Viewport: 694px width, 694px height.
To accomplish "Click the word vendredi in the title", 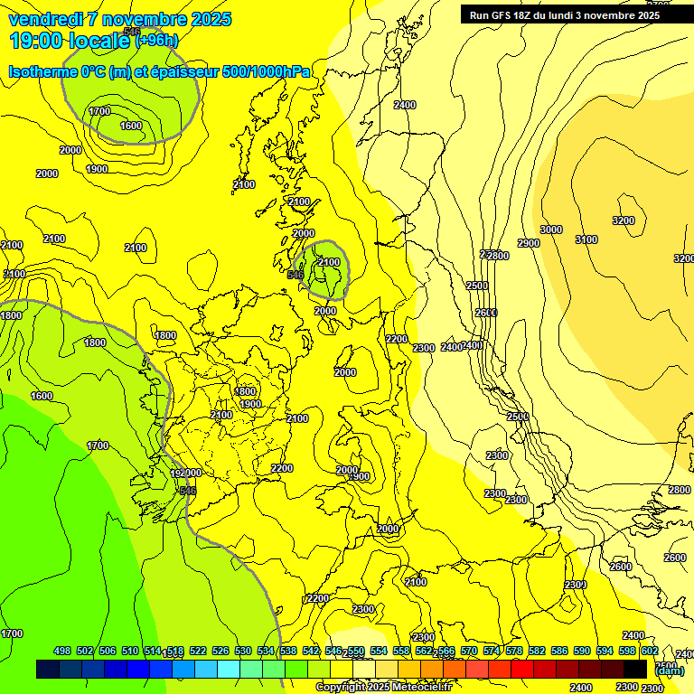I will tap(46, 19).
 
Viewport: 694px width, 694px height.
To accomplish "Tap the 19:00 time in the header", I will tap(36, 40).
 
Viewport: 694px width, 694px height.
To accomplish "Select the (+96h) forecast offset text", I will tap(157, 40).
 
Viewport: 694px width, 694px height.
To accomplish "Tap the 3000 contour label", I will tap(551, 230).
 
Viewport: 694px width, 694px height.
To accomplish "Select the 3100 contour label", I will tap(586, 239).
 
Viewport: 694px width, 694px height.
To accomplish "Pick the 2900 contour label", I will tap(529, 243).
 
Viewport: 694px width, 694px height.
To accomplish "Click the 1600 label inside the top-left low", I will tap(131, 127).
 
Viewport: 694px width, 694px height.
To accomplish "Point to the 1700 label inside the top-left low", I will tap(99, 111).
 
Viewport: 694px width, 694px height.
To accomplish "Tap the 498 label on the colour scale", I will tap(62, 651).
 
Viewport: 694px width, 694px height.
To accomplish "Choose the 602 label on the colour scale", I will tap(650, 651).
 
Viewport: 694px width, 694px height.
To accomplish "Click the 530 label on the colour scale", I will tap(243, 651).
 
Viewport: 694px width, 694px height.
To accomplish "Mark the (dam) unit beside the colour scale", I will tap(670, 671).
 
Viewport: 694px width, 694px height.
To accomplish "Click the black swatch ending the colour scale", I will tap(635, 670).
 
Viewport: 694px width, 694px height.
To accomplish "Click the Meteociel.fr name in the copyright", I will tap(419, 688).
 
